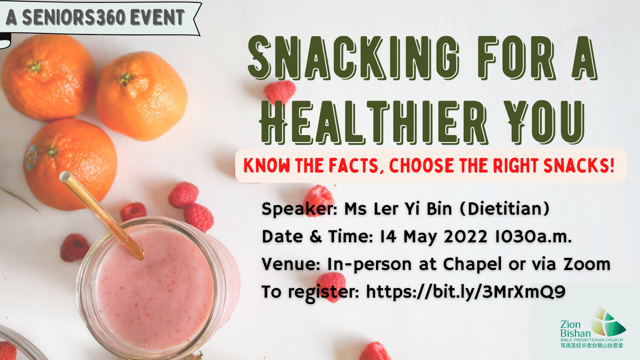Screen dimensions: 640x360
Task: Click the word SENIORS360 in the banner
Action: click(74, 17)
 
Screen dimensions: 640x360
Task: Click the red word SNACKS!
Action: click(579, 165)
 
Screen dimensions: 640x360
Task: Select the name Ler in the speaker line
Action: click(386, 209)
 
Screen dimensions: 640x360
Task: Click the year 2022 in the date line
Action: click(466, 237)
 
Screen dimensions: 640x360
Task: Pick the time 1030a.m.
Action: click(534, 237)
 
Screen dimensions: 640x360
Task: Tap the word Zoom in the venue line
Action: click(587, 264)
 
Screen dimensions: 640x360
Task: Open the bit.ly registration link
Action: click(466, 292)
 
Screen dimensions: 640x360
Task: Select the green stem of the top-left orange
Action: click(35, 67)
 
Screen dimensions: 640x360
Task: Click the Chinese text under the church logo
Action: click(592, 345)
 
